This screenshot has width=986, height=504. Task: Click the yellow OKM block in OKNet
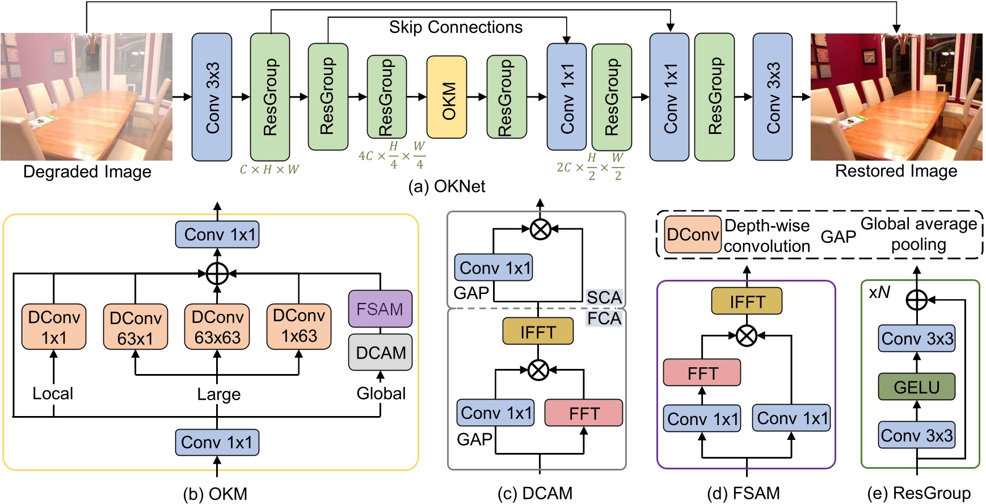click(446, 97)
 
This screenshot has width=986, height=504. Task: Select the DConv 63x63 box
click(217, 327)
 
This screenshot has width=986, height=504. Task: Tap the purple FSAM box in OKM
click(380, 309)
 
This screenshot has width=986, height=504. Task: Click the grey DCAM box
click(380, 352)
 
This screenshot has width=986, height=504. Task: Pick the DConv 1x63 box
click(299, 326)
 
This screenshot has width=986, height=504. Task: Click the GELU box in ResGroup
click(916, 387)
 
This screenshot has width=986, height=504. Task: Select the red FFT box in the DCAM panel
click(583, 413)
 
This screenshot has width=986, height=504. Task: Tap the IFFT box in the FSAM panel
click(747, 301)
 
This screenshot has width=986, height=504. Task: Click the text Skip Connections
click(456, 27)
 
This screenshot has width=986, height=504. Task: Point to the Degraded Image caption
click(87, 171)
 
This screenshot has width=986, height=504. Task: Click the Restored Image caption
click(896, 171)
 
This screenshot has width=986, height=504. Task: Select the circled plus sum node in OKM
click(217, 274)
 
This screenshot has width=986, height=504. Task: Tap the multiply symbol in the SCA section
click(540, 229)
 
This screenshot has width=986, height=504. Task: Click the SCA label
click(604, 297)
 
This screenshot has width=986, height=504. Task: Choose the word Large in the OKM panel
click(218, 394)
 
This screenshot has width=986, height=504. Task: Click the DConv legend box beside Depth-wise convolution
click(692, 234)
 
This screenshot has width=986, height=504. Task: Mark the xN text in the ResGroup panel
click(879, 292)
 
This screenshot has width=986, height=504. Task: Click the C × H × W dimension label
click(269, 169)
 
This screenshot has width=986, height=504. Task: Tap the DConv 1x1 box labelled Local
click(54, 327)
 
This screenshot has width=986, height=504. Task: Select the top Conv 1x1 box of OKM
click(217, 234)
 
